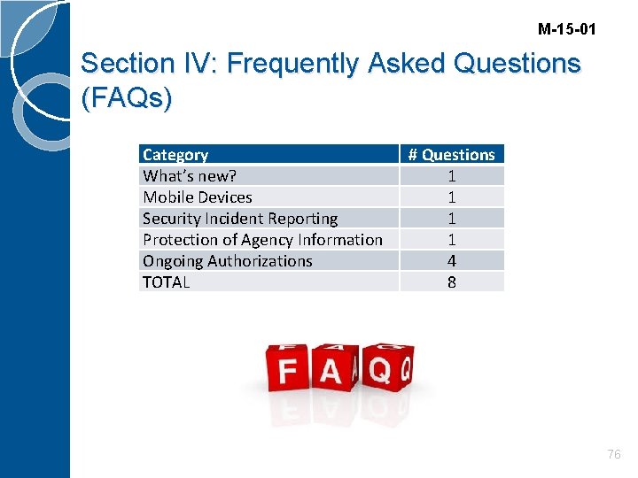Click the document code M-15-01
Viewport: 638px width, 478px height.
tap(566, 30)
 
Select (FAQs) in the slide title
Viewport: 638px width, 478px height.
tap(126, 98)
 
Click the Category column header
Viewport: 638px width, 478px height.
tap(175, 155)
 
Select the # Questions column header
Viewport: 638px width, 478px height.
tap(451, 155)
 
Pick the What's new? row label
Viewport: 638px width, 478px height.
tap(190, 176)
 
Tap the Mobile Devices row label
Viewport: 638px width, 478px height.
tap(198, 197)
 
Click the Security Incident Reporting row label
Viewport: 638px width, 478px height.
tap(240, 219)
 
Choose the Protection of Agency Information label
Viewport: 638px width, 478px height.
tap(262, 240)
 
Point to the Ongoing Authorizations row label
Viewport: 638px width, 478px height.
tap(228, 261)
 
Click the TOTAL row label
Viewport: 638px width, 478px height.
tap(167, 282)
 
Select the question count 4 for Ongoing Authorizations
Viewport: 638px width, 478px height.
tap(452, 261)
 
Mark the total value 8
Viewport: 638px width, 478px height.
tap(452, 282)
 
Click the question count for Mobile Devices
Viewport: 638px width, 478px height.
tap(452, 197)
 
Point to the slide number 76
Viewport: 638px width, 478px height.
tap(614, 454)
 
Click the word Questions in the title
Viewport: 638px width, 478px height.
tap(517, 64)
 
